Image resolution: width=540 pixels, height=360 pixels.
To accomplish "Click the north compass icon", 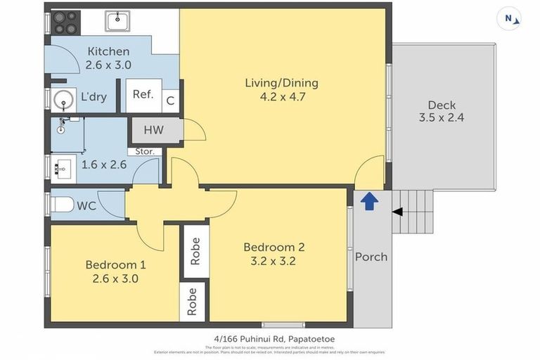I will [508, 18].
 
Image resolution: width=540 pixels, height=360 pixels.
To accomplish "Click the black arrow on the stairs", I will [397, 212].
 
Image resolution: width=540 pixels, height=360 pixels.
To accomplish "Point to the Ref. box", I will [143, 95].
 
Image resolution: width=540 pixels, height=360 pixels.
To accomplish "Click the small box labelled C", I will [170, 101].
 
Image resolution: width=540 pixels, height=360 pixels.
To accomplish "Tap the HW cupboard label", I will [154, 130].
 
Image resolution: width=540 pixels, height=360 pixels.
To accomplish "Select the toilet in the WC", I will [63, 205].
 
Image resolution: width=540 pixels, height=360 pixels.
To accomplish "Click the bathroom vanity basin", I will [63, 169].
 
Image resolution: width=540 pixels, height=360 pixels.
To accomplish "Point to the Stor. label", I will [145, 151].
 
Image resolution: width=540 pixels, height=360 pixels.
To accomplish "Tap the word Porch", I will [371, 257].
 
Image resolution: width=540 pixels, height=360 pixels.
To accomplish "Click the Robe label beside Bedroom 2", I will [195, 251].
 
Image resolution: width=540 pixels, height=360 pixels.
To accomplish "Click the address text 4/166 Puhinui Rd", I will [274, 339].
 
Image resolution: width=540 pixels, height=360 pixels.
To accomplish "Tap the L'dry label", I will [94, 97].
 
